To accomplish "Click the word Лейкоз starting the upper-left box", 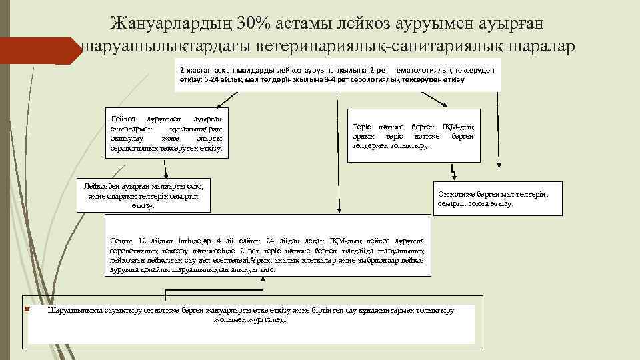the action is [x=122, y=118].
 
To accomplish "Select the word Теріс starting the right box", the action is [x=363, y=127].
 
